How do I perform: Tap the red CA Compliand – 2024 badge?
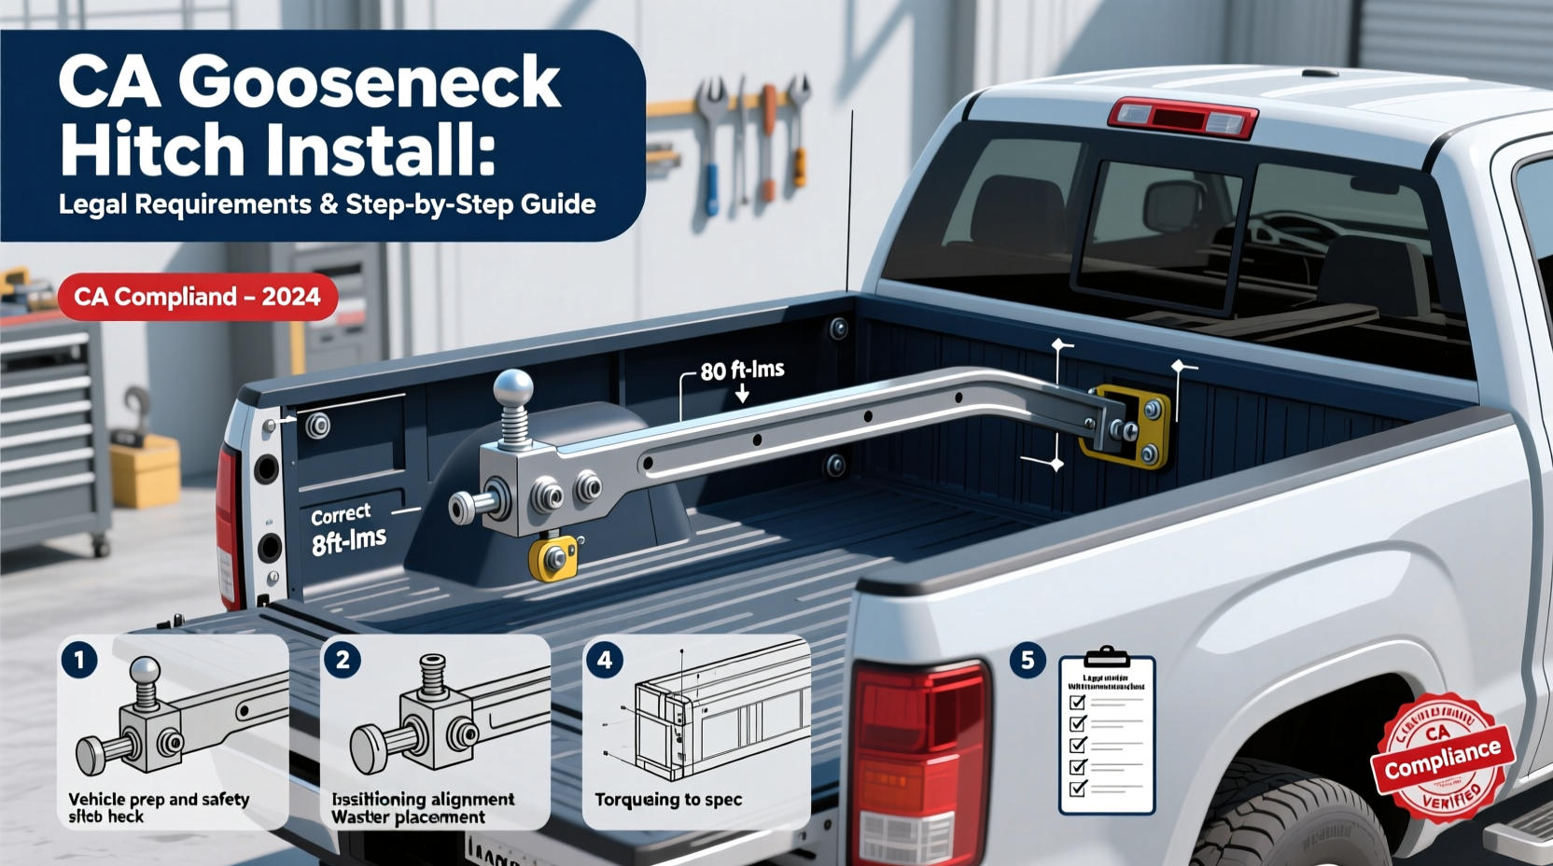point(197,297)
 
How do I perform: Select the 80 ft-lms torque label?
point(742,370)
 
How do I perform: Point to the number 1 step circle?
point(79,661)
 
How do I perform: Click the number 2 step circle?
point(343,661)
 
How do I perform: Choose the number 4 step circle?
point(605,661)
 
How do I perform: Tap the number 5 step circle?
point(1028,661)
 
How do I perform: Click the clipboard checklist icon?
point(1107,733)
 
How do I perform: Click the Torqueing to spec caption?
point(668,800)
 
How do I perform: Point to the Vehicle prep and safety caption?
point(159,800)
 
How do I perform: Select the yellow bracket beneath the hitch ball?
point(553,559)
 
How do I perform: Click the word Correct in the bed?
point(341,515)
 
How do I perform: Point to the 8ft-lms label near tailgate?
point(348,540)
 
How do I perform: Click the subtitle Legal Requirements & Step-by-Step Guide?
point(327,204)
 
